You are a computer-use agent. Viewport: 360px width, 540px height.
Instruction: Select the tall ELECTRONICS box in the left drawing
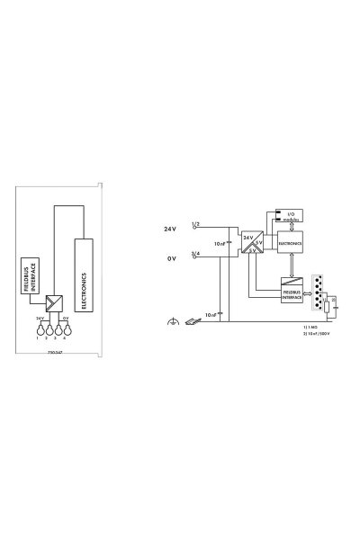(x=84, y=275)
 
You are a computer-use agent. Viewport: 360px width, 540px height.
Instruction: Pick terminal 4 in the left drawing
(x=66, y=329)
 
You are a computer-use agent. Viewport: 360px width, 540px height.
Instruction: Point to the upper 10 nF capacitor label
(x=219, y=244)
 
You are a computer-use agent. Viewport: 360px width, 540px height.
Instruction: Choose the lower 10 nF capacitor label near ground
(x=211, y=315)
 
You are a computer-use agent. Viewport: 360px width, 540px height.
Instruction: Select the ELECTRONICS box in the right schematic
(x=291, y=243)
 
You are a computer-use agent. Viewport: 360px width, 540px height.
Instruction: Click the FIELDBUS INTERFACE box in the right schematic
(x=291, y=292)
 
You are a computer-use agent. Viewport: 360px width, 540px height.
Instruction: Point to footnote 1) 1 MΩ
(x=312, y=327)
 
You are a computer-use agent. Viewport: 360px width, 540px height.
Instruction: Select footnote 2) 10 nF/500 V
(x=319, y=334)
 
